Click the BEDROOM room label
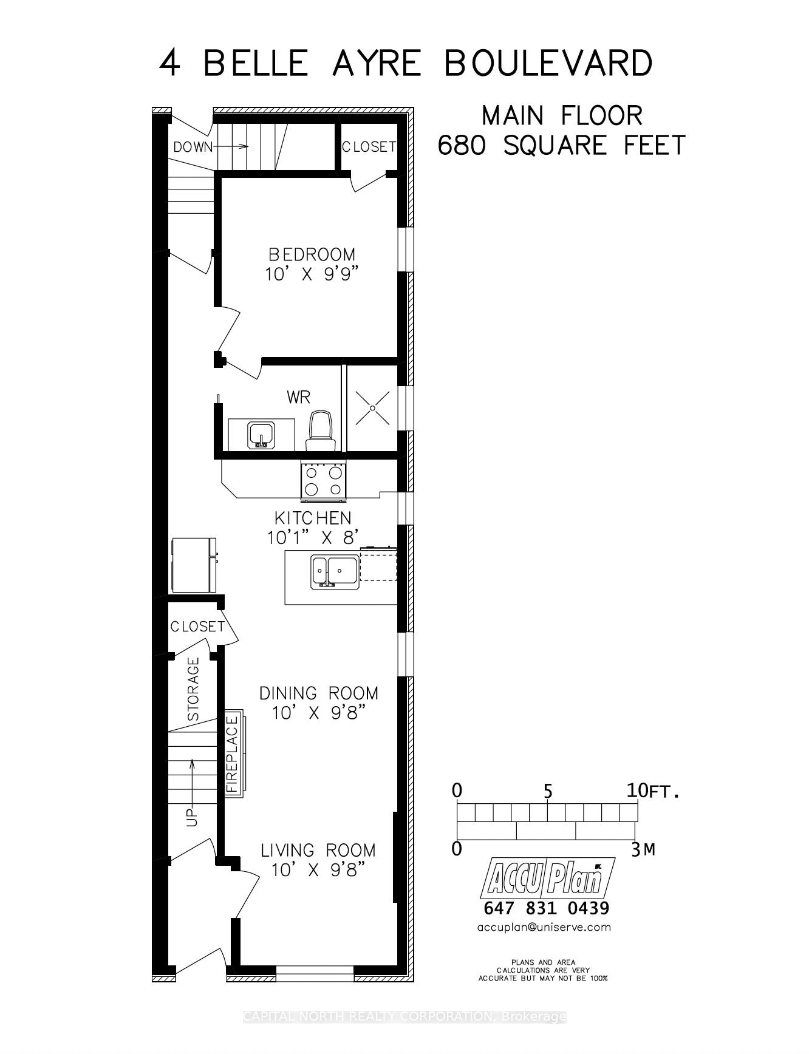coord(312,254)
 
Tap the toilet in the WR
coord(319,430)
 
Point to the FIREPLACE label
coord(232,754)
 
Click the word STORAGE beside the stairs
coord(193,689)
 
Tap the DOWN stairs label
coord(193,147)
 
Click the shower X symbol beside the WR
coord(372,408)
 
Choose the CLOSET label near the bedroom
coord(369,147)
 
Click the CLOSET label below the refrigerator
coord(197,626)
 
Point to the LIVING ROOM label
coord(318,850)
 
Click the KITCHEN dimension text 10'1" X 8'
coord(313,538)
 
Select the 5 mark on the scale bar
coord(548,792)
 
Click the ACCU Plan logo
coord(547,878)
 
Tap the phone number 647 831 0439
coord(546,908)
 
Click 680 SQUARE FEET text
coord(561,146)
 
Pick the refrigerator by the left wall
coord(194,565)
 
